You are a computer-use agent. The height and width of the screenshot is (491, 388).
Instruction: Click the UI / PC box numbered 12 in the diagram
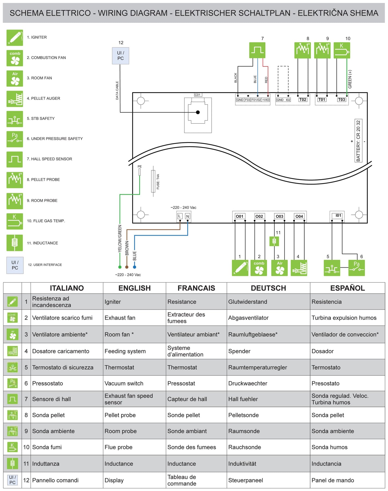click(120, 56)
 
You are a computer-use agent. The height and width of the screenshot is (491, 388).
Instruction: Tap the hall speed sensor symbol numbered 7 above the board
click(257, 50)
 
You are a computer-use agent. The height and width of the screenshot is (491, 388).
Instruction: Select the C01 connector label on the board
click(198, 95)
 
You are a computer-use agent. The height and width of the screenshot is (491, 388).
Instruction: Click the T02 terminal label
click(303, 100)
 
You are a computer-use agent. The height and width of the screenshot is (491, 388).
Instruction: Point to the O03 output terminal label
click(279, 216)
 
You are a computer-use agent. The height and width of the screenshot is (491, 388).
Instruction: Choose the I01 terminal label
click(338, 216)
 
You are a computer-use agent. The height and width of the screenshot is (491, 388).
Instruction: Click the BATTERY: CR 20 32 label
click(358, 141)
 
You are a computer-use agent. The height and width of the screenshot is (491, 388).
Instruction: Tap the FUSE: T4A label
click(158, 182)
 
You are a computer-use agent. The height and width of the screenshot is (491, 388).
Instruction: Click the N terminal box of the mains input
click(187, 216)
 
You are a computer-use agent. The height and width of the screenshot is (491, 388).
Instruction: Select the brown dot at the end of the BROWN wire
click(127, 267)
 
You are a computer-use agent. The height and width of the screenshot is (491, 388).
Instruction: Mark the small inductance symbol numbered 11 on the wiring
click(274, 241)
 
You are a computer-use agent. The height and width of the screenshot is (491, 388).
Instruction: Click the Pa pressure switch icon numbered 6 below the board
click(356, 268)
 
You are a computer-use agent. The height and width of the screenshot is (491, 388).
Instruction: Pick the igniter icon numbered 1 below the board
click(240, 268)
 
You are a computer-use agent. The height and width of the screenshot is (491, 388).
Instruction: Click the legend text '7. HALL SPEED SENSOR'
click(49, 159)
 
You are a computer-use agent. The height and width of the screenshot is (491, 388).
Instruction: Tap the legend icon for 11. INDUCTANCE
click(15, 243)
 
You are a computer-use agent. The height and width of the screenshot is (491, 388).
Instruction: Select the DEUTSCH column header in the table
click(268, 288)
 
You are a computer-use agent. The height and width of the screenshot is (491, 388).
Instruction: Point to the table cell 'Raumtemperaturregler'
click(258, 367)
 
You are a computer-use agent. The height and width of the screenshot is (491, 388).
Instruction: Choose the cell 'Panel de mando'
click(333, 480)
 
